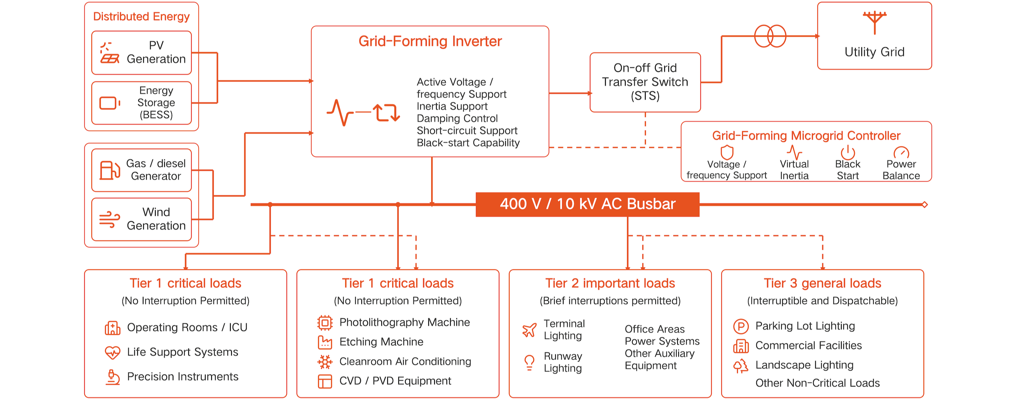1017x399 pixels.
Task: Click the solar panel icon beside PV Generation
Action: click(109, 53)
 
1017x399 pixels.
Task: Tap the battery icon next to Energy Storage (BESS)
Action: click(110, 103)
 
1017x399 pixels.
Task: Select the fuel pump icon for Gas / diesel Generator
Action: click(110, 170)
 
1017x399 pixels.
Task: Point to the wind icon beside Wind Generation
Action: click(109, 219)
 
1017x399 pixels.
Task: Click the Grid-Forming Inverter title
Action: click(430, 41)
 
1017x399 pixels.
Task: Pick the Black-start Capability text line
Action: click(468, 142)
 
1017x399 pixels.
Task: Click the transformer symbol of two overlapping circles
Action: click(770, 36)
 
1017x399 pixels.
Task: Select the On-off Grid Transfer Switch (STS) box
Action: click(645, 82)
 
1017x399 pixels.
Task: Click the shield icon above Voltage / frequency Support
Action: click(727, 152)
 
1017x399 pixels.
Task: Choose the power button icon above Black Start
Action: click(848, 152)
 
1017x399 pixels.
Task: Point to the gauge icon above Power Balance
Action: click(901, 152)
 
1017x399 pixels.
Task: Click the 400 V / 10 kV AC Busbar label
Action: click(588, 204)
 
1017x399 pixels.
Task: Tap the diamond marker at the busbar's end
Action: click(925, 204)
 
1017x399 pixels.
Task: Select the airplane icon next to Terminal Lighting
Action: click(530, 330)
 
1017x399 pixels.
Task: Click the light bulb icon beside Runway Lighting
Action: click(529, 362)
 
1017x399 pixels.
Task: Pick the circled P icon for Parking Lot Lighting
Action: click(741, 326)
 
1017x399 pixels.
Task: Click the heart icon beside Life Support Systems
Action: click(112, 352)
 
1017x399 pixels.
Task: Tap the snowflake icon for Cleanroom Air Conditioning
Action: click(325, 362)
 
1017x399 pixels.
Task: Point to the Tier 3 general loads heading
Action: click(822, 283)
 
